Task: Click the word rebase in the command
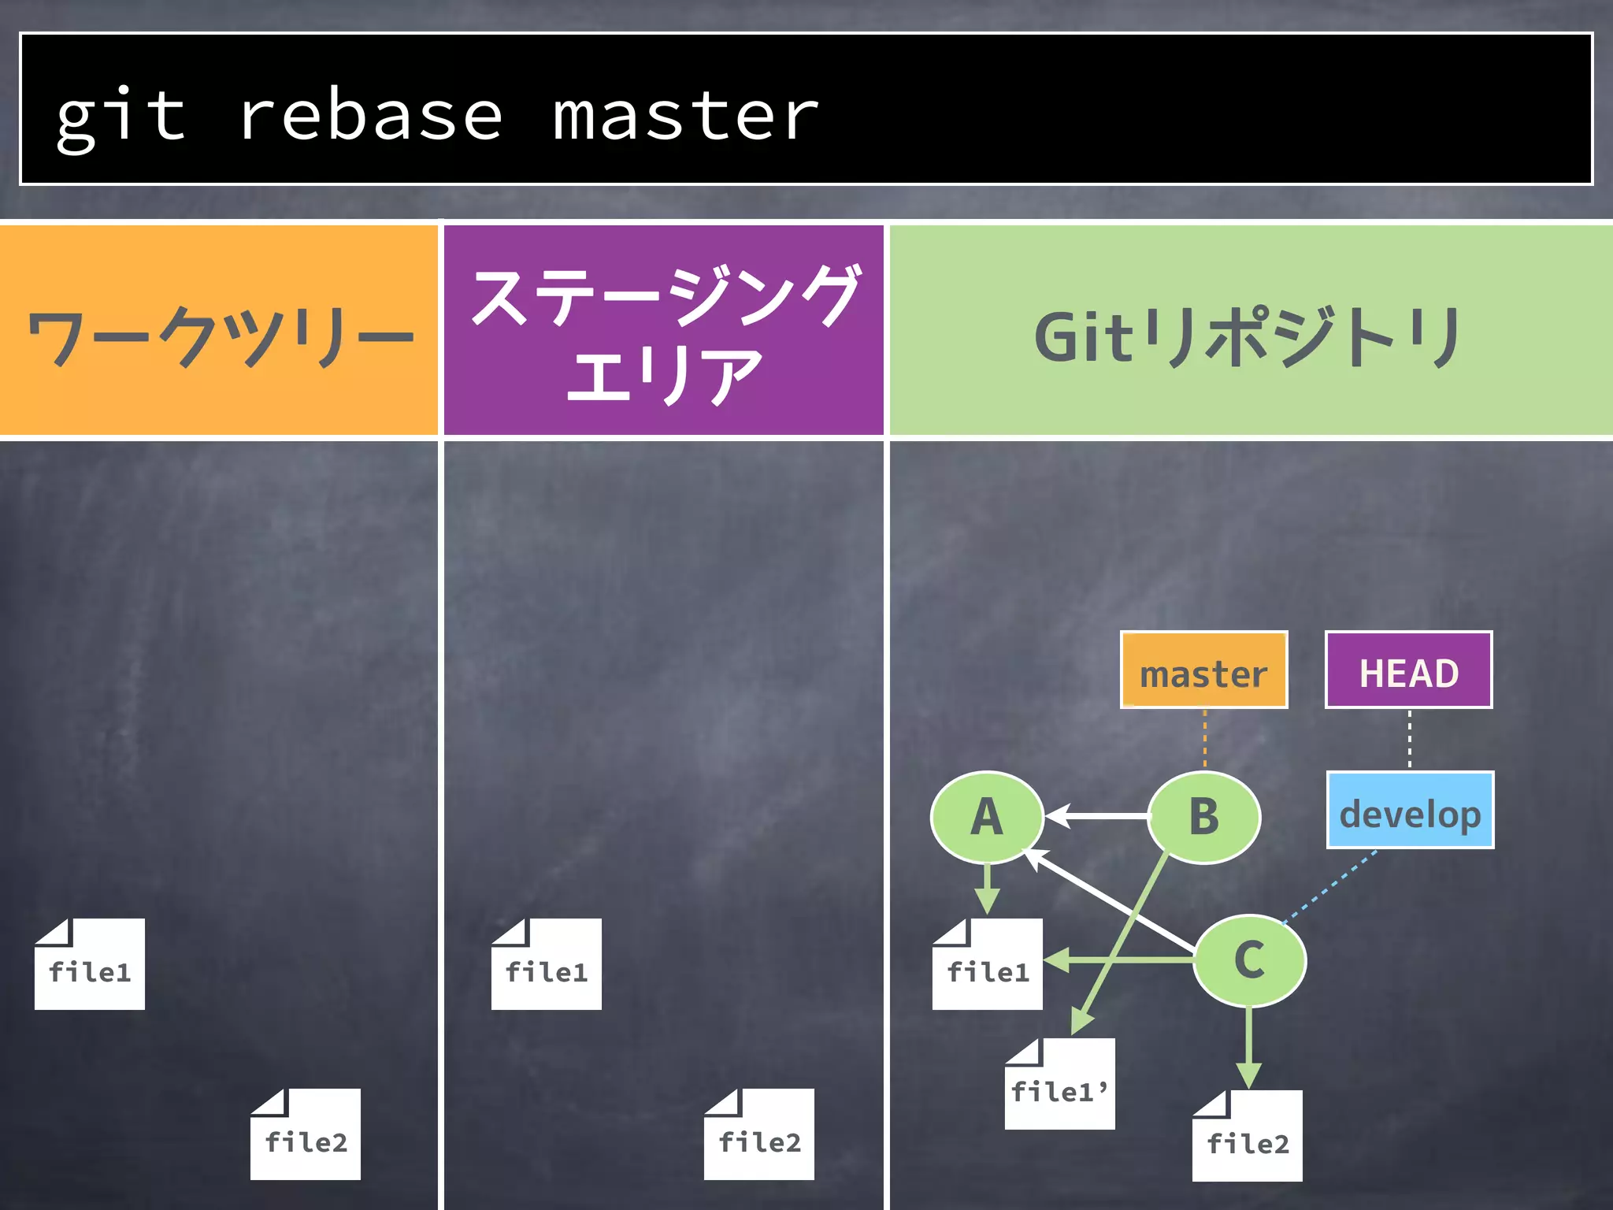click(x=370, y=116)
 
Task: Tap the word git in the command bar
click(x=121, y=116)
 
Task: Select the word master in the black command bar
click(x=685, y=116)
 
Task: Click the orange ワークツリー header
click(x=219, y=331)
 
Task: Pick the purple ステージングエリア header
click(x=663, y=331)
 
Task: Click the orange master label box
click(x=1203, y=670)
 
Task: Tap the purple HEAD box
click(x=1408, y=670)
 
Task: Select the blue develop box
click(x=1410, y=811)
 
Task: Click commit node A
click(x=987, y=817)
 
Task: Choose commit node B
click(x=1203, y=817)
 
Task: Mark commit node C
click(x=1249, y=960)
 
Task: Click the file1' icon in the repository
click(x=1059, y=1086)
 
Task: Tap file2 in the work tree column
click(x=306, y=1136)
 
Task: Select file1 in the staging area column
click(x=546, y=966)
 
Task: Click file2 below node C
click(x=1247, y=1138)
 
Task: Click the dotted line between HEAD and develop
click(x=1409, y=740)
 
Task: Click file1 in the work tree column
click(x=90, y=966)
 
